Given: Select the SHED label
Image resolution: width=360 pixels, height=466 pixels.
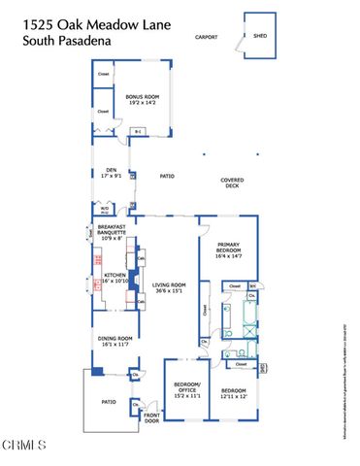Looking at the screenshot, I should (259, 36).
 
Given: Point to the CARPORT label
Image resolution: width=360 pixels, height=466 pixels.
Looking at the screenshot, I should (207, 38).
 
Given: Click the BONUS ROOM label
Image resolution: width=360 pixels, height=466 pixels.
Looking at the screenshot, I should (142, 98).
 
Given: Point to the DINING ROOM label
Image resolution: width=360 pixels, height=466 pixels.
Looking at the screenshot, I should (115, 340).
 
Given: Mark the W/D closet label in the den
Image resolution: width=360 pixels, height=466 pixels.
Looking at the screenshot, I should (104, 209).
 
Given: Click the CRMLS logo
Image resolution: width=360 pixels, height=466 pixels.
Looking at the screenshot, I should (24, 447).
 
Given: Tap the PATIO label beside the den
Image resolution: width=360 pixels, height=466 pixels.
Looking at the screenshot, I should (166, 176).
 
